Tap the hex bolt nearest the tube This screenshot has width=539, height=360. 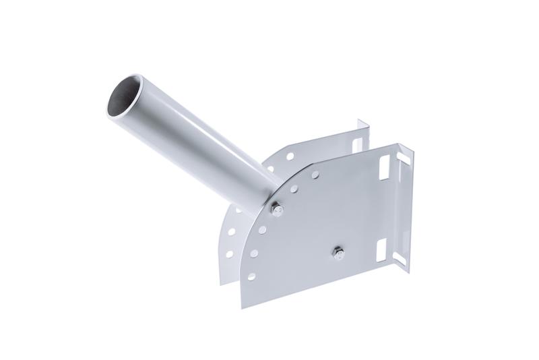[x=277, y=211]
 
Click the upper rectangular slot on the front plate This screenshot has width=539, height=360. [x=387, y=164]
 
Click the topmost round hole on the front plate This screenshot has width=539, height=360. [x=314, y=174]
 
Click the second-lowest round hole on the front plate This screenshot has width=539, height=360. [x=255, y=253]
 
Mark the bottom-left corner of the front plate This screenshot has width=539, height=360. [x=241, y=307]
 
